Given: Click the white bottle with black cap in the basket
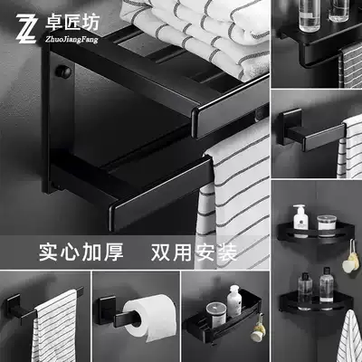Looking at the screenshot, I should (233, 300).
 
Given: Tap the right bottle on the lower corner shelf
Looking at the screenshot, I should (326, 288).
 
